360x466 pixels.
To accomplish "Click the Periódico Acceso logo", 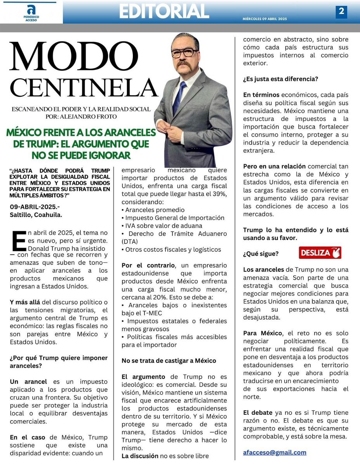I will [31, 12].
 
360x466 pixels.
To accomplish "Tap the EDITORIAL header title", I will [164, 12].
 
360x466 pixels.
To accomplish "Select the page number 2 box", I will [341, 12].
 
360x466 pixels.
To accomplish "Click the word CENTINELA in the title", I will [83, 89].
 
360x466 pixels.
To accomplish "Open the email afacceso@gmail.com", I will [275, 452].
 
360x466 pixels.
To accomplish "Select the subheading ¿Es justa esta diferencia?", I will [280, 79].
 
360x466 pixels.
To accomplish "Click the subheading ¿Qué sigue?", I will [261, 254].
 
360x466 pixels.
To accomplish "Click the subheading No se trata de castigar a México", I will [169, 361].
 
